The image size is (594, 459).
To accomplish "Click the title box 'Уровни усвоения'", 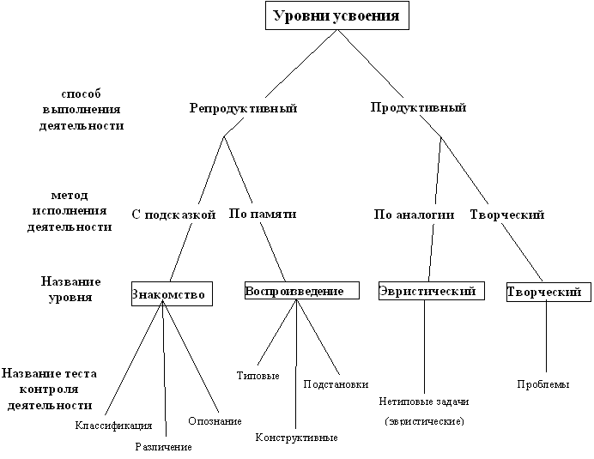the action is [337, 15].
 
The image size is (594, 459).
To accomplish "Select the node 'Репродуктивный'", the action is [243, 108].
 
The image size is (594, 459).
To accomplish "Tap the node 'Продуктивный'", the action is [418, 107].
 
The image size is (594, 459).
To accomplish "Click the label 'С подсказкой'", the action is [173, 214].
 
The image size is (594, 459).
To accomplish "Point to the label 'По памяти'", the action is [263, 214].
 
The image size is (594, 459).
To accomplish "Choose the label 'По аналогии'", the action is [414, 214].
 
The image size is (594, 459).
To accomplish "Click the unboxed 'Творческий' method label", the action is [507, 215].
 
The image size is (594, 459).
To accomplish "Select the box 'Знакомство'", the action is [172, 294].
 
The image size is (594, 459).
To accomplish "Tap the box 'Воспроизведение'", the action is [302, 291].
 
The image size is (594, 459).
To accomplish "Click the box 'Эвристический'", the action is [432, 291].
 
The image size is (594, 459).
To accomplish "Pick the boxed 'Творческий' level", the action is [549, 292].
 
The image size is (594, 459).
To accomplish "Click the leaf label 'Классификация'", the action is [113, 426].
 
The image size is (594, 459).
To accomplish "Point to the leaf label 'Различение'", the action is [164, 447].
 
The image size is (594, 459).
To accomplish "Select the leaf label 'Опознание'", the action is [215, 421].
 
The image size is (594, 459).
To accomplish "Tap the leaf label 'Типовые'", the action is [258, 376].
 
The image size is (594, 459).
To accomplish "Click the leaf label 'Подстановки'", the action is [336, 384].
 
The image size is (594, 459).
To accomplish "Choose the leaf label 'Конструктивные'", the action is [297, 438].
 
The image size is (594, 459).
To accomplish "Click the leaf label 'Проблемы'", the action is [543, 384].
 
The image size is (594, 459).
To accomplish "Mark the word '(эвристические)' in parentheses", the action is [424, 421].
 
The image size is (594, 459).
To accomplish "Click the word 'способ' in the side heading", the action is [81, 94].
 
